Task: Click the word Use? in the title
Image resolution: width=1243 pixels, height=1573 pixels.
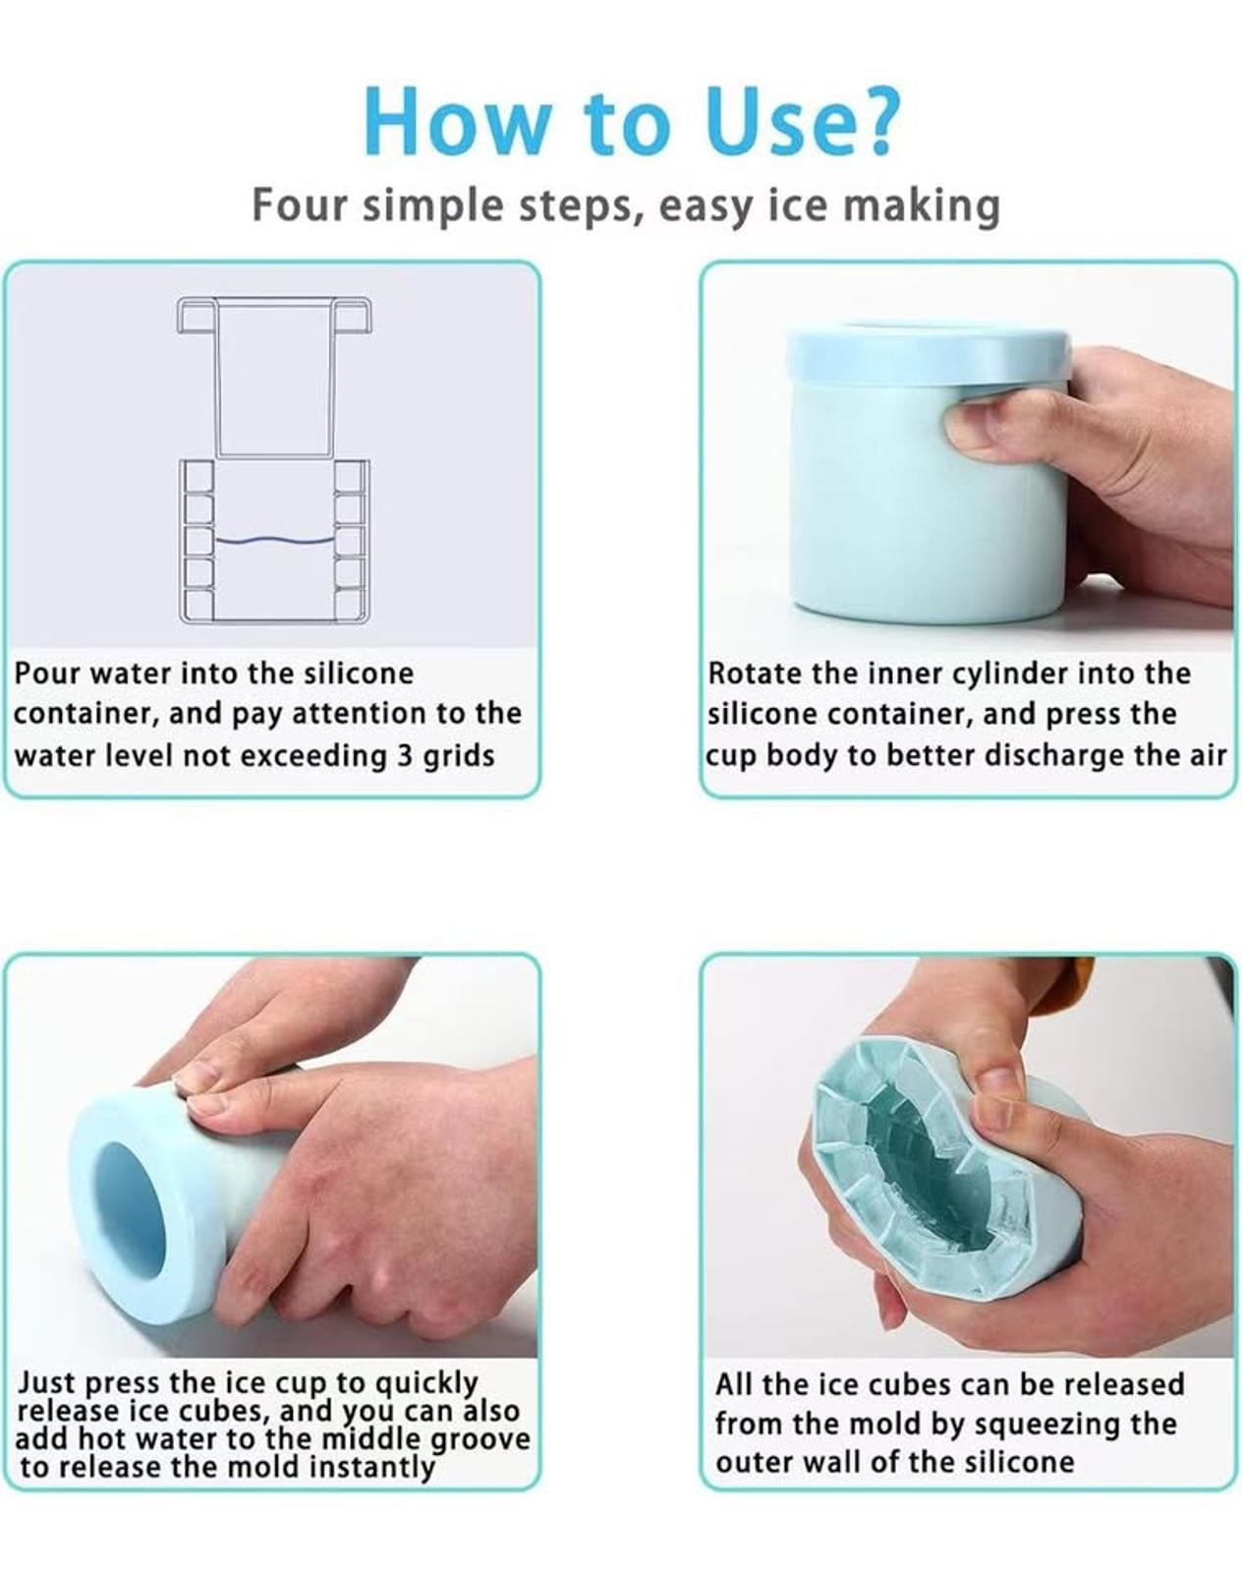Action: click(800, 120)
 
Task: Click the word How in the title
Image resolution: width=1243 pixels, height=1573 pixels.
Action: click(458, 120)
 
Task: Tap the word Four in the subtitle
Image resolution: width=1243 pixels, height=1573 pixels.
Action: click(299, 204)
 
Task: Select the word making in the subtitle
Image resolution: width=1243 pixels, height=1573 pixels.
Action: click(922, 206)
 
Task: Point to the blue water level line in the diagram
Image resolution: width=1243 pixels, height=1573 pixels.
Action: click(274, 541)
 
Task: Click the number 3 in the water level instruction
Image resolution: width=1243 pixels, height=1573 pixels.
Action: click(404, 755)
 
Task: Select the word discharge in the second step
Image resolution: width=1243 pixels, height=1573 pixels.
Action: click(1050, 755)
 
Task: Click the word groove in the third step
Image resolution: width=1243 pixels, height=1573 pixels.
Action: click(480, 1440)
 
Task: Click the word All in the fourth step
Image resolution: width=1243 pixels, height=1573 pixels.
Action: click(738, 1384)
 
